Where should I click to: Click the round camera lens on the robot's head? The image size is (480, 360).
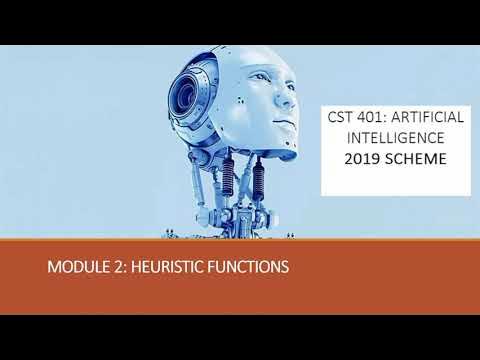point(188,96)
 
